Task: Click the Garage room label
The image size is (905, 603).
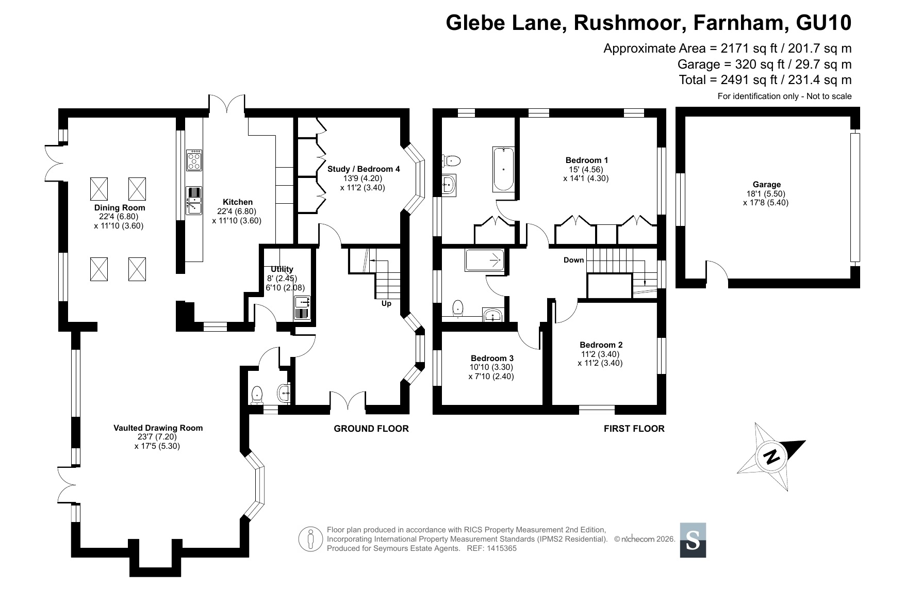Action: pos(766,185)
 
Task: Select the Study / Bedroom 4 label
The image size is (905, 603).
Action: pos(364,169)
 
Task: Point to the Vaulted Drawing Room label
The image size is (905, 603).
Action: pos(158,428)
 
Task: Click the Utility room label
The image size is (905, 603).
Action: pos(282,269)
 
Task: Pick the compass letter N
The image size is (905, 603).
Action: pos(771,457)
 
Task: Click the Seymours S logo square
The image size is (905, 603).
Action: pos(693,540)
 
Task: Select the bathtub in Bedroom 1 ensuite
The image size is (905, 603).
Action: pos(503,169)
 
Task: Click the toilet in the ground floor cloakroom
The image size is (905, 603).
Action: pos(256,396)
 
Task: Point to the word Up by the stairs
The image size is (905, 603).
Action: pos(386,304)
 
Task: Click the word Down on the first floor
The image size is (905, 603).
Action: pos(573,260)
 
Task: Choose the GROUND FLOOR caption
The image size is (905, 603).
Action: pos(371,429)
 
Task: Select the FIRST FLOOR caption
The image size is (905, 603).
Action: pos(634,429)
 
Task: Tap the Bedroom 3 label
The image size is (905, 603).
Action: pos(492,358)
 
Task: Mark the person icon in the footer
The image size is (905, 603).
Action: pos(310,539)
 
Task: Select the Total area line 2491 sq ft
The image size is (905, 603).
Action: pos(765,80)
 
